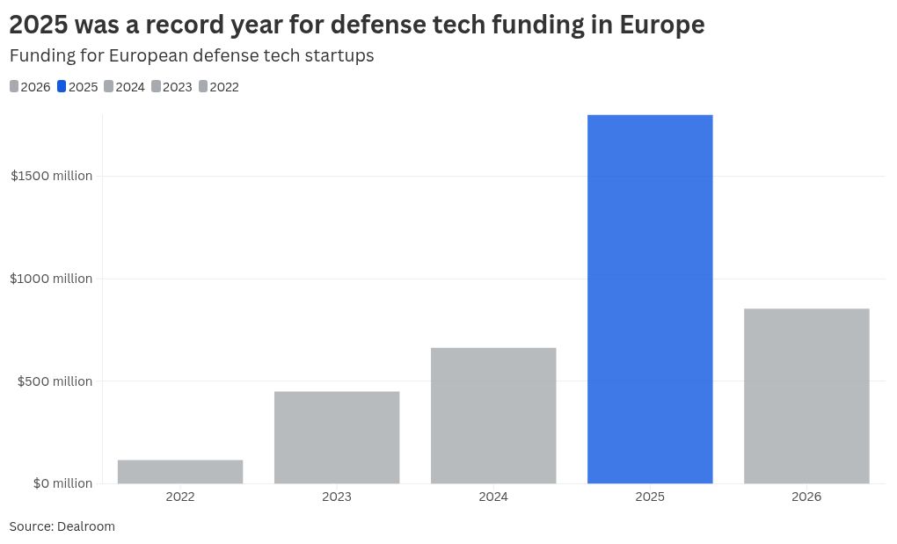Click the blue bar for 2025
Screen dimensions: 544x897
[x=650, y=299]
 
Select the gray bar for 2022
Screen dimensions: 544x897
[x=180, y=472]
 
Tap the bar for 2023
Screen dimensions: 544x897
[x=337, y=438]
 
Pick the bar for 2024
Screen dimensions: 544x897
[x=493, y=416]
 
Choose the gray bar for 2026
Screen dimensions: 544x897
[x=806, y=395]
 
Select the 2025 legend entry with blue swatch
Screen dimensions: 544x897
[x=77, y=87]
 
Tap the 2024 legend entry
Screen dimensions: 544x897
[x=124, y=87]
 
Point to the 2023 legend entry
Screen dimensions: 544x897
[x=171, y=87]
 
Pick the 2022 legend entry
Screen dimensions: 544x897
[x=219, y=87]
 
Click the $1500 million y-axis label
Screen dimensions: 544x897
[x=52, y=176]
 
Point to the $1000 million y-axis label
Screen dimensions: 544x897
[x=52, y=279]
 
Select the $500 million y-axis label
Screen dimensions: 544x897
[x=55, y=381]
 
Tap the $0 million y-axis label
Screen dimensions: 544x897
[x=62, y=483]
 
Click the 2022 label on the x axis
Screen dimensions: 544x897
[x=180, y=497]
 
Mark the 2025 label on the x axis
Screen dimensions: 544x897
[x=650, y=497]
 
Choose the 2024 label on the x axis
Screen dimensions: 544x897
[x=493, y=497]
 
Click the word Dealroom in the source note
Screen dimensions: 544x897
[x=86, y=526]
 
